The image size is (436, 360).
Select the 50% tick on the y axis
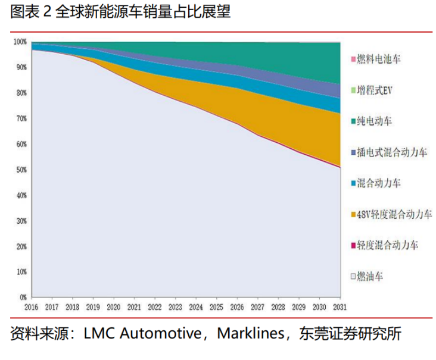[21, 170]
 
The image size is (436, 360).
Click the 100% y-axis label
[20, 42]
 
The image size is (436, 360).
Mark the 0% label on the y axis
[23, 297]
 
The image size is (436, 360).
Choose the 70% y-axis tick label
[21, 119]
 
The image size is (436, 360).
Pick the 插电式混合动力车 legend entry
[392, 152]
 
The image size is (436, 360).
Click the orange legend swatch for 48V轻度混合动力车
[353, 214]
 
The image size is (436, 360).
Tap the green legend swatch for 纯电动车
[353, 121]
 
